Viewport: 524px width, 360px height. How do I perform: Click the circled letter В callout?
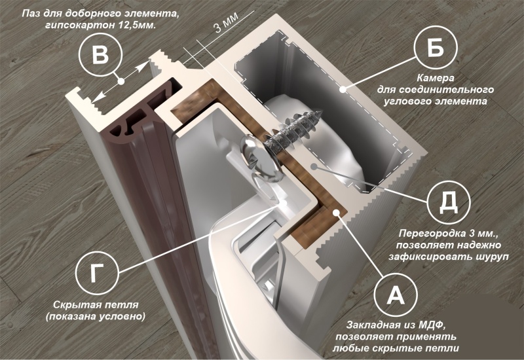click(x=100, y=54)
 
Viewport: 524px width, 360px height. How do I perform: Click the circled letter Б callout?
click(x=436, y=46)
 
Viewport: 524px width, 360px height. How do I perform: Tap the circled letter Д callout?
click(x=449, y=202)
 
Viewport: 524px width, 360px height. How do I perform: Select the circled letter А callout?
click(x=396, y=295)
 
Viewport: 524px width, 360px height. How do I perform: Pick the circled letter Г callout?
click(x=97, y=273)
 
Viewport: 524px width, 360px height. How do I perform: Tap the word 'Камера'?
click(x=436, y=79)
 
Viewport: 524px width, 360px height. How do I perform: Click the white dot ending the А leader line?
click(x=335, y=211)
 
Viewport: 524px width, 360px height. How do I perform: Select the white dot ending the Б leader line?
click(x=343, y=89)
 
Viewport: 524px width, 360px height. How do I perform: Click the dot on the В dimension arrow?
click(x=121, y=81)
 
